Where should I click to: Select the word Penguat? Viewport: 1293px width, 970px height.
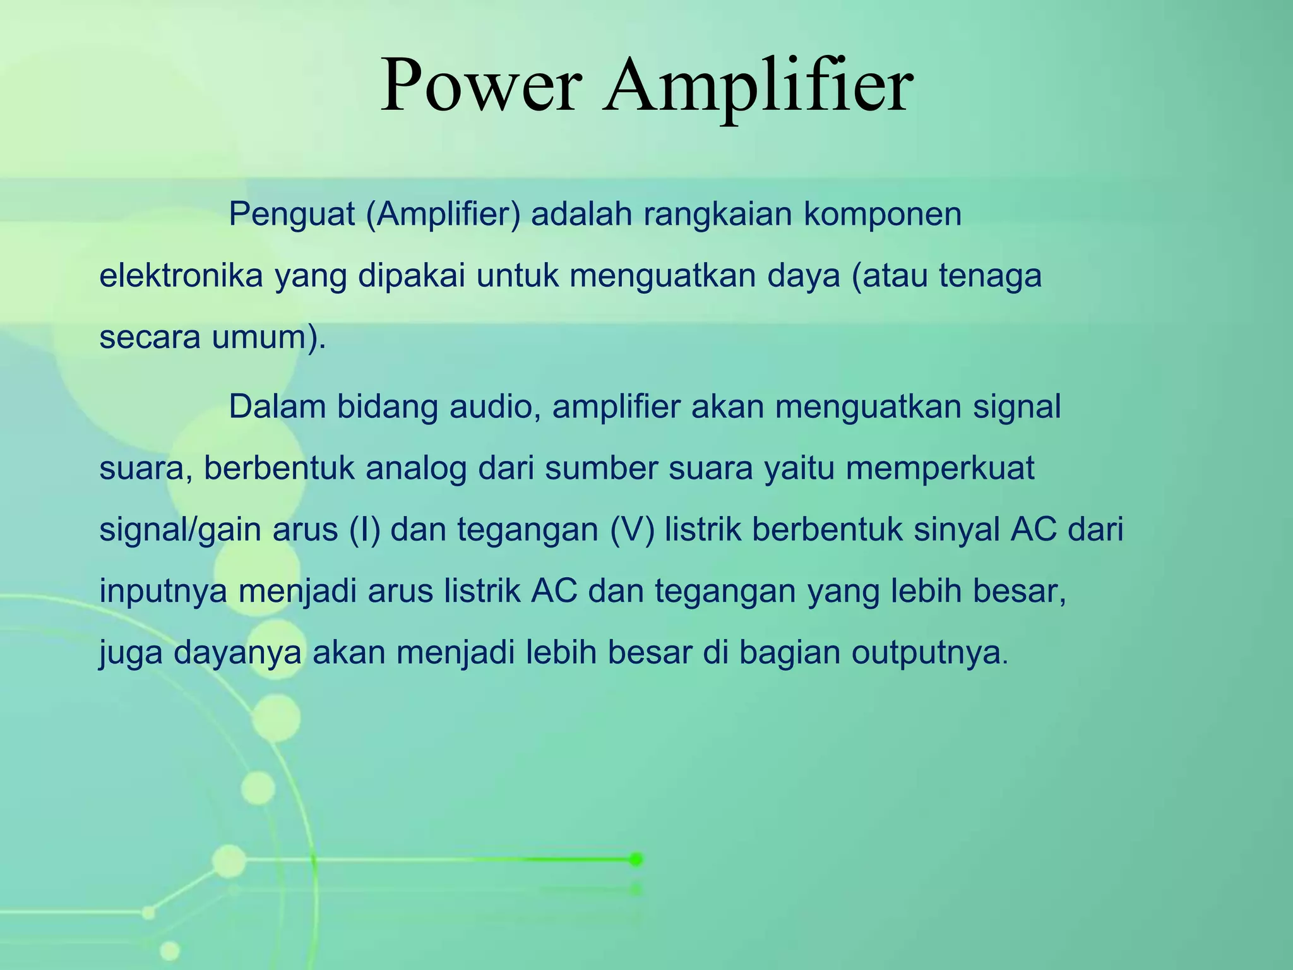pos(292,215)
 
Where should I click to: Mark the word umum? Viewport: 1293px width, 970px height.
pos(263,338)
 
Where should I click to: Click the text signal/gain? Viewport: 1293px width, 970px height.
pos(181,530)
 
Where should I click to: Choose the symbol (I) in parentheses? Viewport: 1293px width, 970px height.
pos(365,530)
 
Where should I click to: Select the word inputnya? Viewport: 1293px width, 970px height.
pos(163,592)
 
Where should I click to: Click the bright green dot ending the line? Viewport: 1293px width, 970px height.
pos(636,859)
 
